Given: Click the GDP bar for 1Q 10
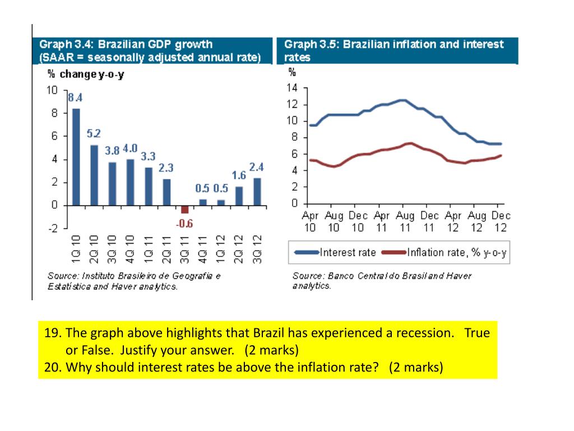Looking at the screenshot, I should (x=76, y=157).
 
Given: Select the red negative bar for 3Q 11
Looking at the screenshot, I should (x=185, y=209).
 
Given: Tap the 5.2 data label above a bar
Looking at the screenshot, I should (x=94, y=134).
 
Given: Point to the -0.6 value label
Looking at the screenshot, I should (x=184, y=223).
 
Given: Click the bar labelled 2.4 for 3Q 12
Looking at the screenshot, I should (x=257, y=191).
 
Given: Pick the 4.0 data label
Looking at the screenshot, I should (x=130, y=148).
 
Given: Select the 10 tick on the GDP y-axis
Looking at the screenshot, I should (x=52, y=90).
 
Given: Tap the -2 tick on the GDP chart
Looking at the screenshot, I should (x=53, y=228).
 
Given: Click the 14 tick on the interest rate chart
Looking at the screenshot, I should (x=291, y=88).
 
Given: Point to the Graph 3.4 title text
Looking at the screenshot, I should (x=150, y=51).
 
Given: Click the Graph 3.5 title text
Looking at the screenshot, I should (x=394, y=51).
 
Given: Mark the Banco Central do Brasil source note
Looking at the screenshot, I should (x=382, y=281).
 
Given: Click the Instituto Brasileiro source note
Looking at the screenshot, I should (x=134, y=281).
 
